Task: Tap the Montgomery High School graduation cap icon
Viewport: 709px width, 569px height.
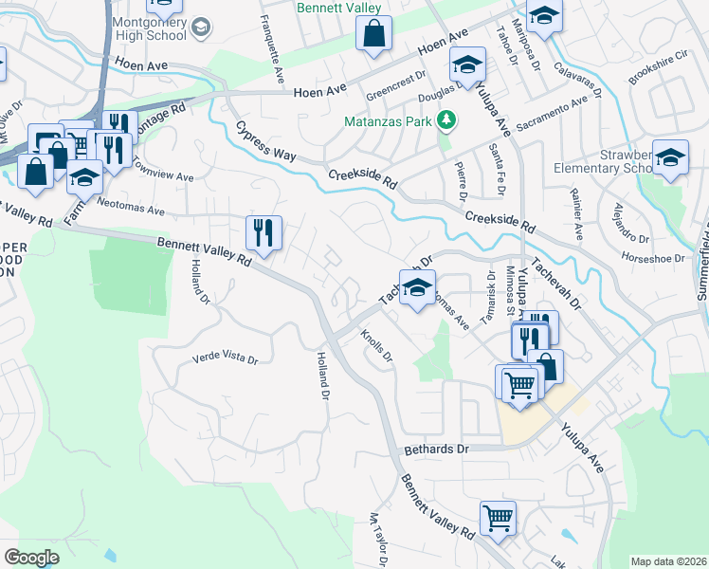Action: (x=200, y=28)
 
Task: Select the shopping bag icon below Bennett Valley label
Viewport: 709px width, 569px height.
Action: (x=374, y=34)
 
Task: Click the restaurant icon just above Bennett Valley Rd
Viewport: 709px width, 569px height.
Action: (x=264, y=232)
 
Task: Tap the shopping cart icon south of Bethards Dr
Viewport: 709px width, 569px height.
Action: (x=498, y=519)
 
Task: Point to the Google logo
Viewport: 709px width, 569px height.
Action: (x=31, y=557)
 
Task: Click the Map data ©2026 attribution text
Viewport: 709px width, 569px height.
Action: (x=668, y=560)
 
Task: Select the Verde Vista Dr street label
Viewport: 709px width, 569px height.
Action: (x=226, y=358)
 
